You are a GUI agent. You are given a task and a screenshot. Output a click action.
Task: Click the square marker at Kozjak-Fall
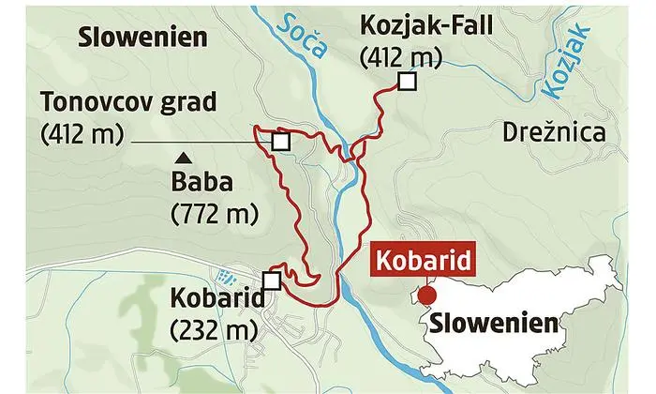pyautogui.click(x=407, y=83)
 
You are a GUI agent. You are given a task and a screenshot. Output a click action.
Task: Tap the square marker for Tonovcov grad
pyautogui.click(x=279, y=142)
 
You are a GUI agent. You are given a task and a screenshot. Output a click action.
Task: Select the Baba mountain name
pyautogui.click(x=199, y=181)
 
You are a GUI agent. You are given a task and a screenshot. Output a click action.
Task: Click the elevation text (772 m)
pyautogui.click(x=215, y=214)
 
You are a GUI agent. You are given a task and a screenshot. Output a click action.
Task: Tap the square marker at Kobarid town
pyautogui.click(x=272, y=280)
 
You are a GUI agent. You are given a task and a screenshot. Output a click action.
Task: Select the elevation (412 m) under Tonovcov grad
pyautogui.click(x=82, y=132)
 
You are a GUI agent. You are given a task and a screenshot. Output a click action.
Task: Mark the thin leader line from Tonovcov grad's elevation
pyautogui.click(x=197, y=142)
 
